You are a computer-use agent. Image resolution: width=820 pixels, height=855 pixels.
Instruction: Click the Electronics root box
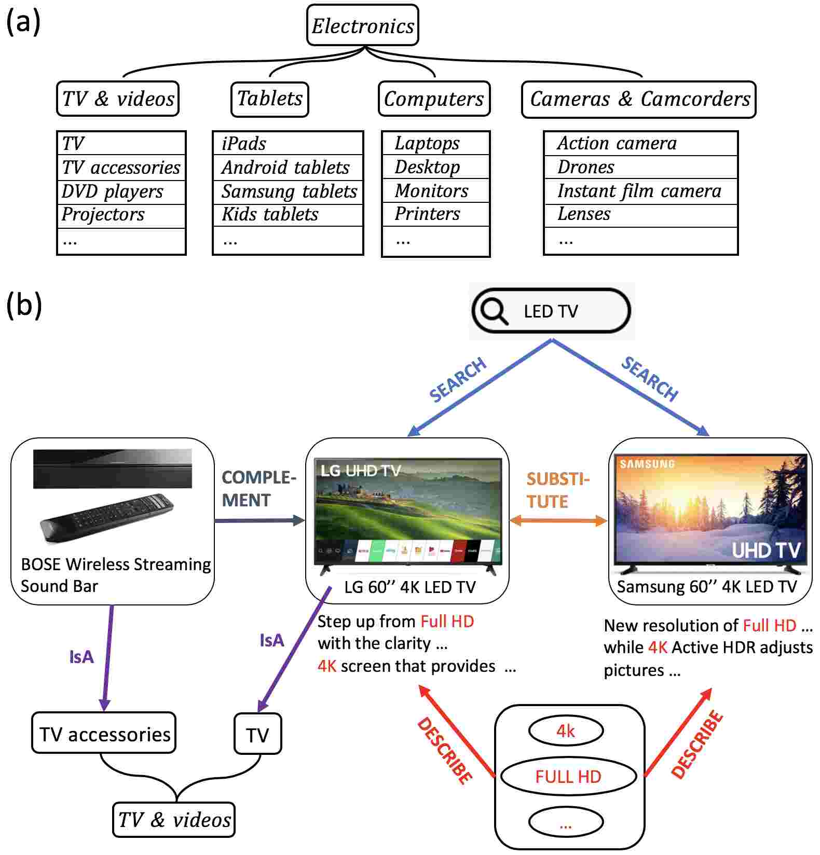pos(362,25)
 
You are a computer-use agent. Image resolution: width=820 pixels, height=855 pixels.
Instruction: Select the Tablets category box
pos(269,99)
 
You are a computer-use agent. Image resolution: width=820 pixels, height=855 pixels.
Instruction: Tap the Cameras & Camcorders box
pos(639,99)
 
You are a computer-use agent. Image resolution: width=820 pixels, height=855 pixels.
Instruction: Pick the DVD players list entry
pos(113,191)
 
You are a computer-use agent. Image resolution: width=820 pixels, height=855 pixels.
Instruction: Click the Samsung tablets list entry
pos(289,191)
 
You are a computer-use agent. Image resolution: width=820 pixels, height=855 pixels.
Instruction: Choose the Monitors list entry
pos(431,191)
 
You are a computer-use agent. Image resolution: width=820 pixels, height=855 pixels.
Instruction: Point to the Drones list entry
pos(585,167)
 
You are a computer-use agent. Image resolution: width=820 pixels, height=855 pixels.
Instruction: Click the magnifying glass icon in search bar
pos(493,311)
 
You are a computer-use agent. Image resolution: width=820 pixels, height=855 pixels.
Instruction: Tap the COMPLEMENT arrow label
pos(258,489)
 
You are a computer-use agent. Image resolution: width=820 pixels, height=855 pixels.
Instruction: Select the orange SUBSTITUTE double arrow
pos(558,521)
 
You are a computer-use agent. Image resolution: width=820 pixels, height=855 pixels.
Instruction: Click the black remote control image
pos(106,517)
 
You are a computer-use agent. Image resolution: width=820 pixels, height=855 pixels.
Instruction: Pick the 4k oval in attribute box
pos(566,732)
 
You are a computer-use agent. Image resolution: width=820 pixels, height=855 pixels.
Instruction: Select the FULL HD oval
pos(568,777)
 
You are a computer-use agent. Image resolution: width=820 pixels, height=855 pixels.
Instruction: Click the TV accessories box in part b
pos(104,734)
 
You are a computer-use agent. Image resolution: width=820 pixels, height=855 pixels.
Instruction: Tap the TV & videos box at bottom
pos(174,820)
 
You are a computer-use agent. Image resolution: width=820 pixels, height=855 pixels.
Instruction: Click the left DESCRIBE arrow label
pos(445,750)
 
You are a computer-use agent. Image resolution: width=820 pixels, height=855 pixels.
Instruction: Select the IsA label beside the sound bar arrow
pos(81,657)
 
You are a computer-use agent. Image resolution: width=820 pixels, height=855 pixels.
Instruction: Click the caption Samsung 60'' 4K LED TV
pos(706,587)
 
